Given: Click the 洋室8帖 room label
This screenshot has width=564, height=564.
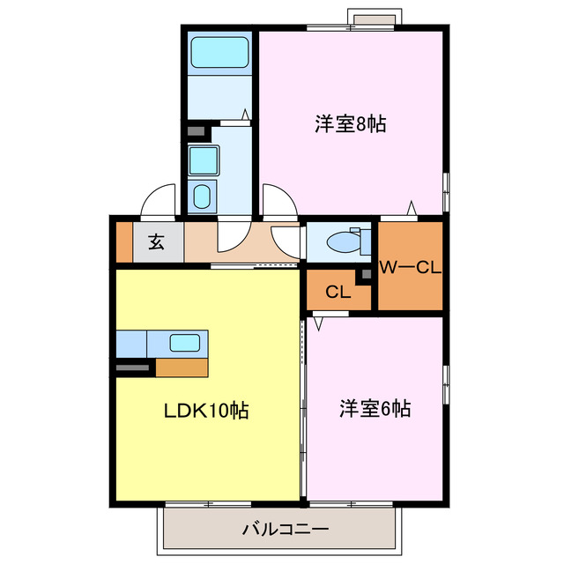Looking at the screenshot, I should (x=350, y=124).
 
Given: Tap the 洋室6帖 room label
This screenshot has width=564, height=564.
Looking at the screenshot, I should (x=375, y=409).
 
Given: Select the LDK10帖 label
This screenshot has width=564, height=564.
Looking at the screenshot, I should (x=204, y=410).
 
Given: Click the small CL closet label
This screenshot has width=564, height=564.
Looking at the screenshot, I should (x=336, y=293).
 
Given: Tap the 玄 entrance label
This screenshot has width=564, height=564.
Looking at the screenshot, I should (x=156, y=242).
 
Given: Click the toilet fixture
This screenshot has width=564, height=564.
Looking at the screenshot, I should (x=343, y=241).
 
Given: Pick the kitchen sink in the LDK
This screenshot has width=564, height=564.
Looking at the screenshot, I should (x=184, y=343).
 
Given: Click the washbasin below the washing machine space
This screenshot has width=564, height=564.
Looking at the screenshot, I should (x=202, y=196).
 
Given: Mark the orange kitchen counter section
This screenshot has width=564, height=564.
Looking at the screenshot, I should (x=182, y=366).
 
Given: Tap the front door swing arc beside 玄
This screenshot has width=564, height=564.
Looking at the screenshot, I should (x=159, y=202).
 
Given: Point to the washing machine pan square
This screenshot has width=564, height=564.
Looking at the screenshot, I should (x=204, y=160).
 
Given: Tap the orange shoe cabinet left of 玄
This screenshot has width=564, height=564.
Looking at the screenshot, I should (x=123, y=242).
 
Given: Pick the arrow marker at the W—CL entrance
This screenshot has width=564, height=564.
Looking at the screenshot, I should (x=411, y=208).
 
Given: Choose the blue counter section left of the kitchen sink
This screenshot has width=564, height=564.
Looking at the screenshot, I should (x=132, y=342).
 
